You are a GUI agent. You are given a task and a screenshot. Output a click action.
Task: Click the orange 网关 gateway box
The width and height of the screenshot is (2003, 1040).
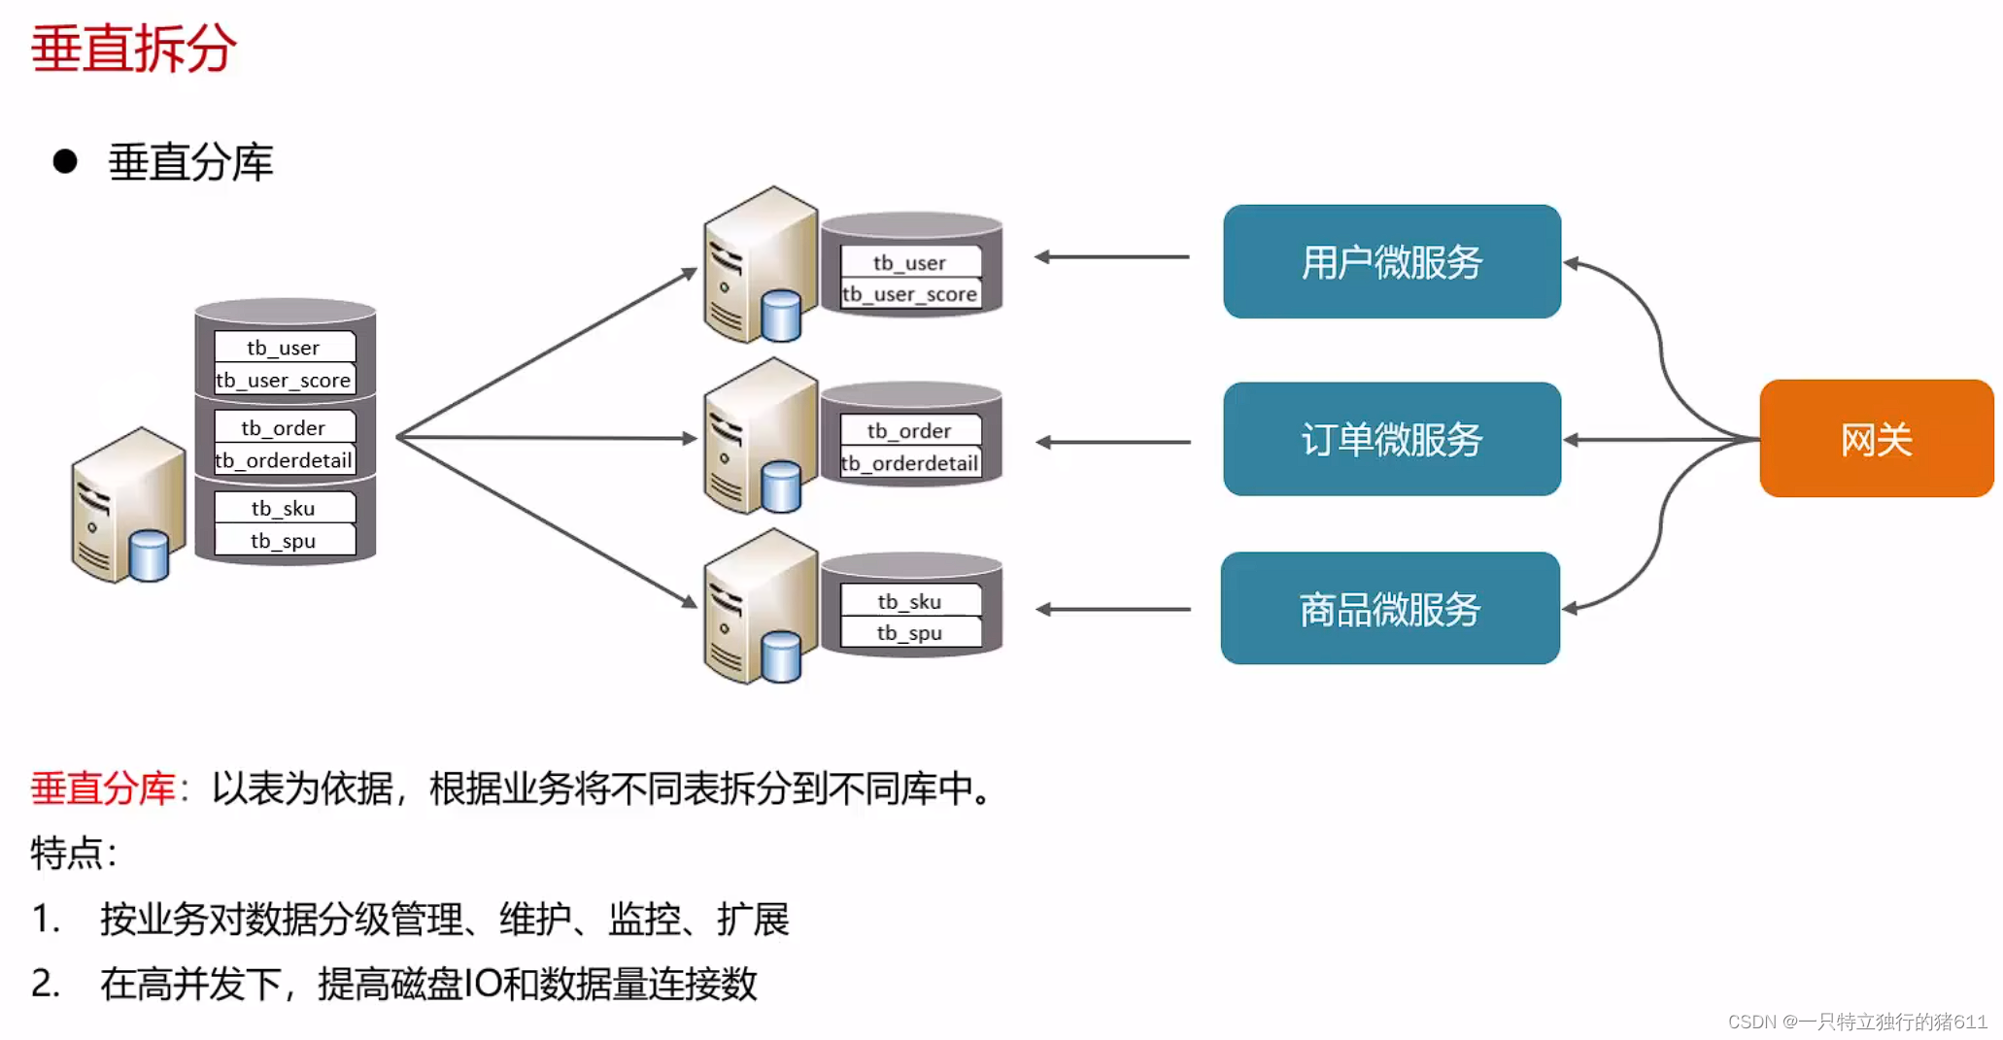point(1876,439)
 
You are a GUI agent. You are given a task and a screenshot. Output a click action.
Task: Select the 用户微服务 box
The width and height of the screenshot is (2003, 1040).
point(1391,261)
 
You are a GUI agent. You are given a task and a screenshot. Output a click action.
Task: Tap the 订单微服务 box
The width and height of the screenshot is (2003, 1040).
point(1391,439)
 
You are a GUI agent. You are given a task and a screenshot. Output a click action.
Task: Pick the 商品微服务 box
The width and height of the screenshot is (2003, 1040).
point(1389,609)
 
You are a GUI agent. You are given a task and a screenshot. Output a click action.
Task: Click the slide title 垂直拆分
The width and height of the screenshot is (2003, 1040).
point(134,48)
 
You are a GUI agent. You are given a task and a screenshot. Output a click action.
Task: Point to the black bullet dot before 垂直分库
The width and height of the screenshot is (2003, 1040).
point(65,161)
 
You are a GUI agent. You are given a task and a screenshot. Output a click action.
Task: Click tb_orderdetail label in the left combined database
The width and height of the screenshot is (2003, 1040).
point(284,460)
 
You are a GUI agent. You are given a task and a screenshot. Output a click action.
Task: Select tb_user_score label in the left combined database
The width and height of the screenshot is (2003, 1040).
point(284,380)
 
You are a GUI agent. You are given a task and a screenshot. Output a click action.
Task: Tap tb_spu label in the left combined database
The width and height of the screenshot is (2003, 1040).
point(284,541)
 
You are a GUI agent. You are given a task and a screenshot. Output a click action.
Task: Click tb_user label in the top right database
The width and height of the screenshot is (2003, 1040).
point(909,262)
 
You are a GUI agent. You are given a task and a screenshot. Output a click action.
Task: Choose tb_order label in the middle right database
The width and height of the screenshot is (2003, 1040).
point(909,430)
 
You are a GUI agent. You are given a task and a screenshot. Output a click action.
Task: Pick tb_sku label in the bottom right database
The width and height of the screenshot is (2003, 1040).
point(909,601)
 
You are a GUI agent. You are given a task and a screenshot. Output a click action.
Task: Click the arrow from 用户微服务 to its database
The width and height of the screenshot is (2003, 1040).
point(1111,257)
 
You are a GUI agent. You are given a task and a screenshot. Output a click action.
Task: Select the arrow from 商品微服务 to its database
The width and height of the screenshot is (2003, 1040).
point(1111,610)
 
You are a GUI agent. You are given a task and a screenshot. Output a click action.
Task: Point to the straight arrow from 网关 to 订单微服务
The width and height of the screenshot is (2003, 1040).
point(1661,440)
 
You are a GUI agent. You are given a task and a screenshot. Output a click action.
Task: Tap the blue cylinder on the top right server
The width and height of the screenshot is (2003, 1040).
point(781,316)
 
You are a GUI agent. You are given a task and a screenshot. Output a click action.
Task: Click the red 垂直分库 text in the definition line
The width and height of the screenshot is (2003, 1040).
point(103,788)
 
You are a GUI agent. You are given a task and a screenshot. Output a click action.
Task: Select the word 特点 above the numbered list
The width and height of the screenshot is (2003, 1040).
point(67,854)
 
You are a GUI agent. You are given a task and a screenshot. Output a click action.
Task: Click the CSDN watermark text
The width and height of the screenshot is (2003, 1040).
point(1856,1022)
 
